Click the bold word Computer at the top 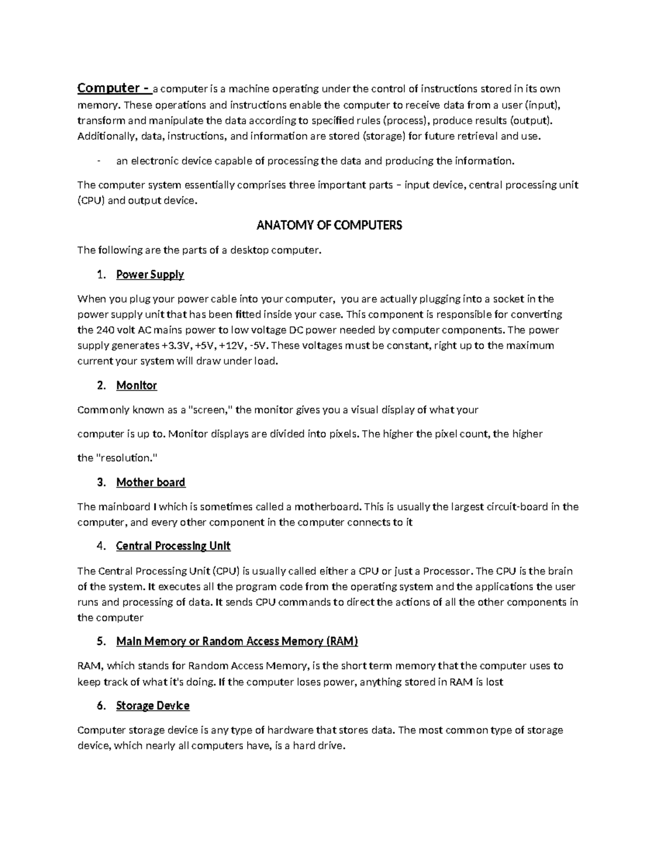[x=109, y=88]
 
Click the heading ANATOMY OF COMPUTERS [x=329, y=225]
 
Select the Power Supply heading [x=150, y=275]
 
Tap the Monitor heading [x=137, y=386]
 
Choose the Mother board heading [x=151, y=482]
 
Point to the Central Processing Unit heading [x=174, y=546]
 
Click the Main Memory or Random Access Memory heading [x=237, y=641]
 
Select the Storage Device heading [x=153, y=706]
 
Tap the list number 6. [x=100, y=706]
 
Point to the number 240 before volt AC [x=105, y=330]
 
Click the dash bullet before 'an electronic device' [x=98, y=161]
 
